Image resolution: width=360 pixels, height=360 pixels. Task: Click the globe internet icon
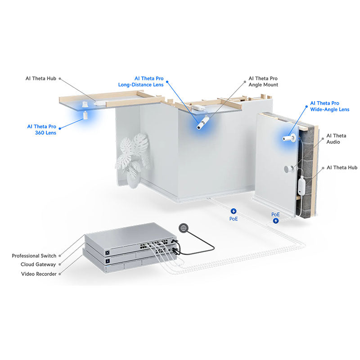point(183,228)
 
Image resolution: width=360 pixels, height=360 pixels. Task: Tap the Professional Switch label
point(34,256)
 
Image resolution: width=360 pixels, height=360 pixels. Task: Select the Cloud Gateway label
point(39,265)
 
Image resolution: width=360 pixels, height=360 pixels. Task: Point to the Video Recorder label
point(39,274)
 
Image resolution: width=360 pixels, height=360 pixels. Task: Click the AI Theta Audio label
point(336,139)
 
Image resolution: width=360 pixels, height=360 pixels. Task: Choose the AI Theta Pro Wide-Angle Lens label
point(329,106)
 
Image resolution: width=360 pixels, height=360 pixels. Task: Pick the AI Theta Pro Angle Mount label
point(263,81)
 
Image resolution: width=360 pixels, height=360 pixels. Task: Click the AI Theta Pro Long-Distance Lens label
point(141,81)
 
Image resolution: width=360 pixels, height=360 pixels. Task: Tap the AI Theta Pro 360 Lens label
point(41,130)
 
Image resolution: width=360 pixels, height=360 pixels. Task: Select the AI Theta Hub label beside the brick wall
point(342,167)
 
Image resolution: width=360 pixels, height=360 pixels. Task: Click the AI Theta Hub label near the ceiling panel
point(40,78)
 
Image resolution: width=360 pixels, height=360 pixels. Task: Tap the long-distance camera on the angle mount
point(203,122)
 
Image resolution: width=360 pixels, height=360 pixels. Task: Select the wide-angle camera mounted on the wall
point(288,138)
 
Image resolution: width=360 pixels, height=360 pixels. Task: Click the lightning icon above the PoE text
point(234,211)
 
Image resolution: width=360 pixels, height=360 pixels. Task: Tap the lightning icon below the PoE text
point(276,220)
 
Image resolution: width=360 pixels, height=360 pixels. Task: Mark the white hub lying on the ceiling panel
point(99,103)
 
